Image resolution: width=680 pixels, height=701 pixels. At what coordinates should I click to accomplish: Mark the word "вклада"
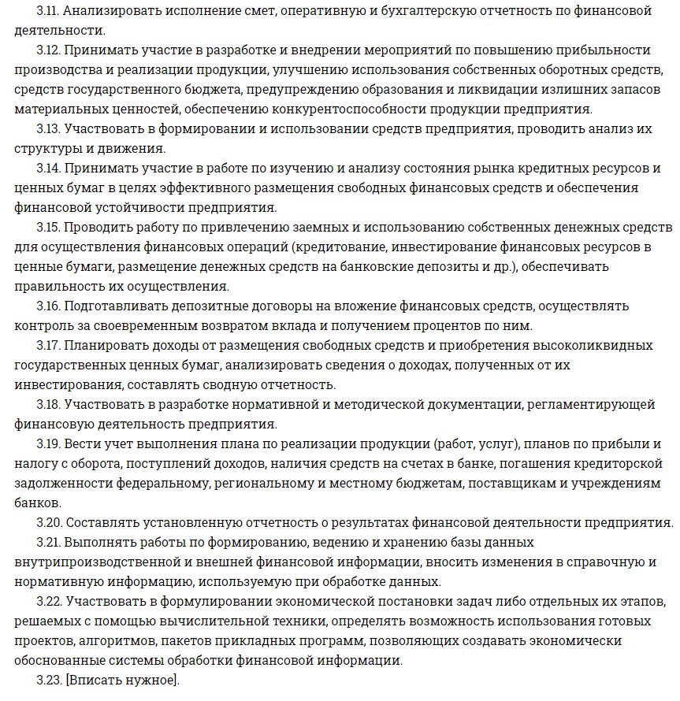click(x=299, y=325)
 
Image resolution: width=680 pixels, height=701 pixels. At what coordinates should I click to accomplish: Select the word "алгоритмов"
click(x=113, y=640)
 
